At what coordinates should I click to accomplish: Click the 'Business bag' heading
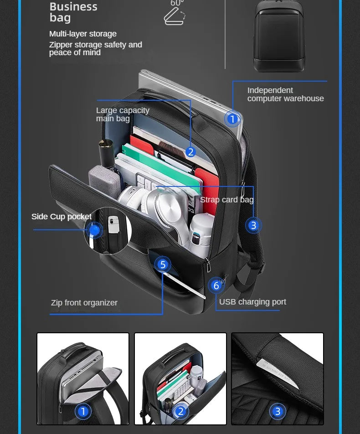pyautogui.click(x=73, y=12)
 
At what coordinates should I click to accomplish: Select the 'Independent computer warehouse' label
pyautogui.click(x=285, y=94)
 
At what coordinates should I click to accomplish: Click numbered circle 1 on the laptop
pyautogui.click(x=232, y=119)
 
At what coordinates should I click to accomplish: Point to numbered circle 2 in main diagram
pyautogui.click(x=190, y=152)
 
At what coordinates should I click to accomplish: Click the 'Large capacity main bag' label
pyautogui.click(x=123, y=114)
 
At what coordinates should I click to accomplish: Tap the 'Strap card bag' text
pyautogui.click(x=226, y=200)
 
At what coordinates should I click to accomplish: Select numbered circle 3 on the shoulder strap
pyautogui.click(x=253, y=225)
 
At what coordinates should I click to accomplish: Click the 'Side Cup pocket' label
pyautogui.click(x=62, y=217)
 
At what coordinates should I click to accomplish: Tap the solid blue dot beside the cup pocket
pyautogui.click(x=94, y=230)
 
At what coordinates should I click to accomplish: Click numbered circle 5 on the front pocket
pyautogui.click(x=163, y=264)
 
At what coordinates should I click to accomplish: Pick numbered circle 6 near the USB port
pyautogui.click(x=216, y=285)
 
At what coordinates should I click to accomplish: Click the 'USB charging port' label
pyautogui.click(x=252, y=302)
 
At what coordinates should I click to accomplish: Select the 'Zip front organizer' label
pyautogui.click(x=84, y=303)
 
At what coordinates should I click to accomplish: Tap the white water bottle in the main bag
pyautogui.click(x=201, y=234)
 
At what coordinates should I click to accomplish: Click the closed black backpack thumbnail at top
pyautogui.click(x=279, y=36)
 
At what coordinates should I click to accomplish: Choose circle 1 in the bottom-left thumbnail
pyautogui.click(x=83, y=411)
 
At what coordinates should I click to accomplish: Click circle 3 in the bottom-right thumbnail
pyautogui.click(x=278, y=411)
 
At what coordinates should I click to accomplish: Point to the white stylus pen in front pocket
pyautogui.click(x=185, y=285)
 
